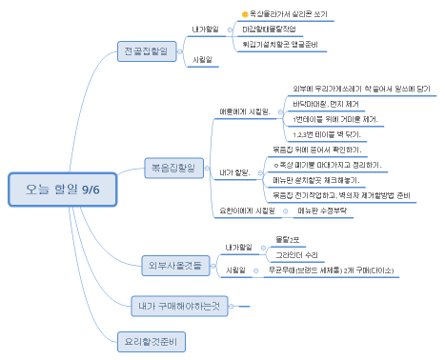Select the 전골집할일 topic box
(148, 50)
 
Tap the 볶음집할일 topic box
(173, 167)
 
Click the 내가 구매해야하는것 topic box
(176, 305)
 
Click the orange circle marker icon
(244, 14)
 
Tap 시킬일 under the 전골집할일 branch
(202, 61)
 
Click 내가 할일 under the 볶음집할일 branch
(233, 172)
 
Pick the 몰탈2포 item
(288, 238)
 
